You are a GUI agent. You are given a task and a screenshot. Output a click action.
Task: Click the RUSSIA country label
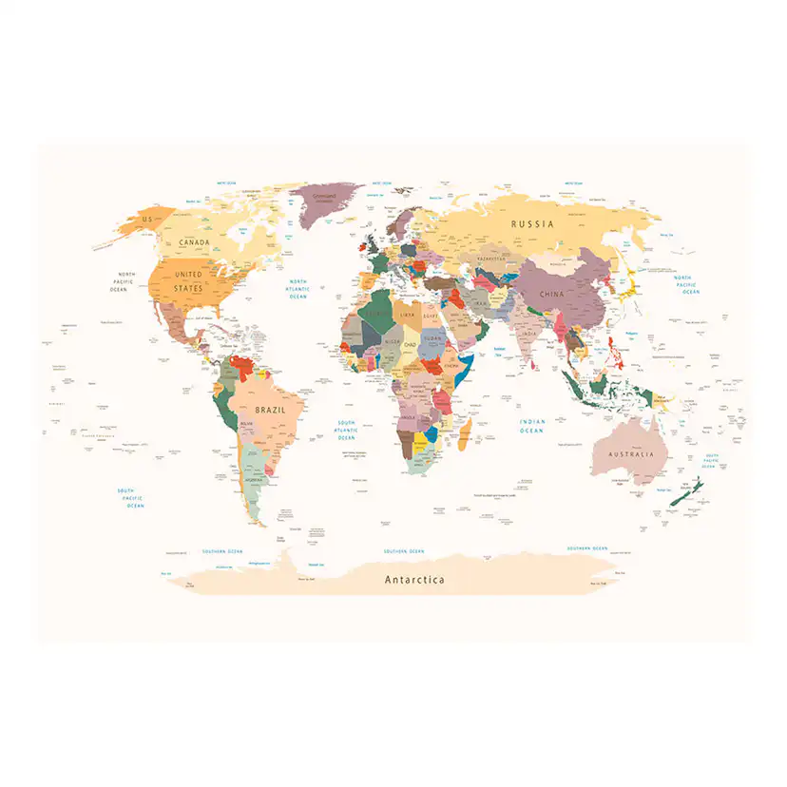pyautogui.click(x=531, y=224)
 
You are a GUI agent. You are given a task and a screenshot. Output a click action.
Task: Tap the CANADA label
pyautogui.click(x=194, y=242)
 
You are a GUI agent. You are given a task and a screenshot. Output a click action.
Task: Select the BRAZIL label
pyautogui.click(x=270, y=410)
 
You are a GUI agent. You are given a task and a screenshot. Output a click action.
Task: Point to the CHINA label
pyautogui.click(x=551, y=294)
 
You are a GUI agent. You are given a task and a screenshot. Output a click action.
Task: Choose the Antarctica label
pyautogui.click(x=413, y=579)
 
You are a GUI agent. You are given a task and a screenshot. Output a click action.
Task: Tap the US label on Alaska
pyautogui.click(x=146, y=220)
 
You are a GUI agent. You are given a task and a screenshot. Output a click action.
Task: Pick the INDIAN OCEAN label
pyautogui.click(x=531, y=426)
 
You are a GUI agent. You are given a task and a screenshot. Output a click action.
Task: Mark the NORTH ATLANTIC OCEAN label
pyautogui.click(x=298, y=289)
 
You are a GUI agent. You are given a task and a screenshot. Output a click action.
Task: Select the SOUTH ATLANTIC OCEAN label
pyautogui.click(x=346, y=431)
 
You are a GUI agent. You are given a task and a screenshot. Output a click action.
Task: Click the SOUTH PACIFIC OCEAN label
pyautogui.click(x=131, y=498)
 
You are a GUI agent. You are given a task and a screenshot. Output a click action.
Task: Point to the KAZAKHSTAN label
pyautogui.click(x=492, y=259)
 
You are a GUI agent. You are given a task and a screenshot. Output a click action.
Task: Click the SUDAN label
pyautogui.click(x=432, y=337)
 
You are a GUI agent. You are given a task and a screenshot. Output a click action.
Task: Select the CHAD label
pyautogui.click(x=410, y=344)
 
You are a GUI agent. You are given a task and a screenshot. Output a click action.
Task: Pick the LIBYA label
pyautogui.click(x=407, y=315)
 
